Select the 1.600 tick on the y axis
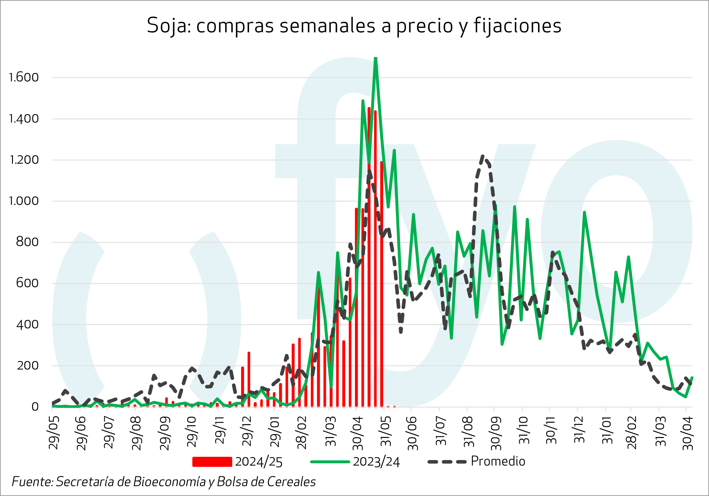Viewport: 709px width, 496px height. pos(24,77)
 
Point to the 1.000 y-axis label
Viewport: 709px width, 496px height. pos(24,201)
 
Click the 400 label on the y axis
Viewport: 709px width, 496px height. pos(27,324)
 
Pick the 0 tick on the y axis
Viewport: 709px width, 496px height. pos(35,407)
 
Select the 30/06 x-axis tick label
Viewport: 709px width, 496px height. pos(413,433)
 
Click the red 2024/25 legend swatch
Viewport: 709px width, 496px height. pos(212,462)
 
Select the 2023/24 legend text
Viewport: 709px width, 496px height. pos(376,462)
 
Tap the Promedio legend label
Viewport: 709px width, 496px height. pos(498,461)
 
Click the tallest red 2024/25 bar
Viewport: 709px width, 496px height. pos(369,108)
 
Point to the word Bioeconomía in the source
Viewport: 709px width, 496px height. pos(169,482)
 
